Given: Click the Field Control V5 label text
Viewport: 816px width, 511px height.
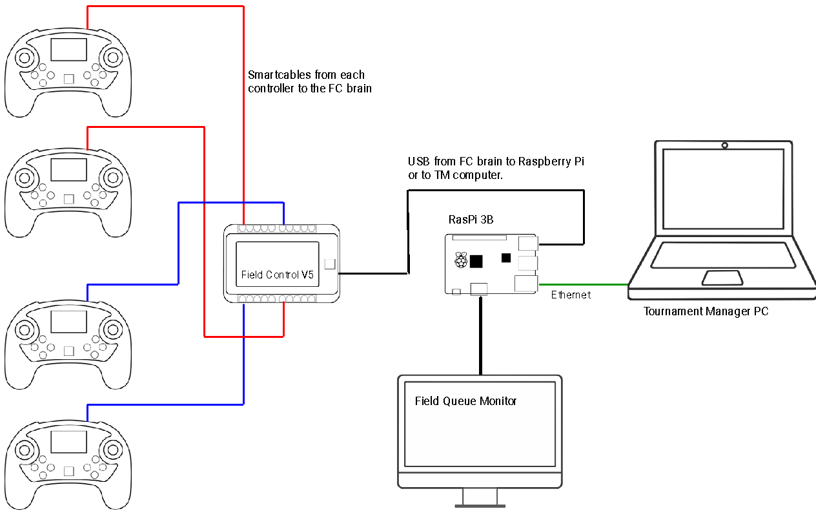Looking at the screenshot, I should (277, 275).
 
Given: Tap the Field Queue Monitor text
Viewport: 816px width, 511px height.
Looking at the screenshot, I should (465, 401).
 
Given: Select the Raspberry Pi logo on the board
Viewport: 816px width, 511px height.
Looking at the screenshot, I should (460, 260).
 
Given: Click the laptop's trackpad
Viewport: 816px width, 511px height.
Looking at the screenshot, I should (722, 278).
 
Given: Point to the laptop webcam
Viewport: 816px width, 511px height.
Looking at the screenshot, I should (725, 145).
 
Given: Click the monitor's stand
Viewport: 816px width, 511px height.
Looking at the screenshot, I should (480, 497).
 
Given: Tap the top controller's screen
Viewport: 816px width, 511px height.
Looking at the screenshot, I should (69, 50).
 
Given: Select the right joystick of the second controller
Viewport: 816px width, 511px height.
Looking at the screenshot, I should (114, 177).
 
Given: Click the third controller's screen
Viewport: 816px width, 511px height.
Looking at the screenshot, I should (69, 322).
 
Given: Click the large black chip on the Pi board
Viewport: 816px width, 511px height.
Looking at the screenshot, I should (476, 261).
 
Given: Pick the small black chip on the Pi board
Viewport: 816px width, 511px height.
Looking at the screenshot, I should (506, 258).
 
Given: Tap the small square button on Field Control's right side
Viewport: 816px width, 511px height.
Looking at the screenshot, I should (329, 264).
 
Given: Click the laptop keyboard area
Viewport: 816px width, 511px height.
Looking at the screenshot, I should (722, 255).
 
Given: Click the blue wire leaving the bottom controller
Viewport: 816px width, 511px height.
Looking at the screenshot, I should (88, 412).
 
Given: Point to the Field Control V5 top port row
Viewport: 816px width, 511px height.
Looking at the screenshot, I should (278, 228).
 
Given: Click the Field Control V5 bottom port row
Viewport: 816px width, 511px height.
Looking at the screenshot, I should (278, 298).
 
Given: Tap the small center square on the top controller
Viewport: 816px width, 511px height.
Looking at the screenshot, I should (69, 79).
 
